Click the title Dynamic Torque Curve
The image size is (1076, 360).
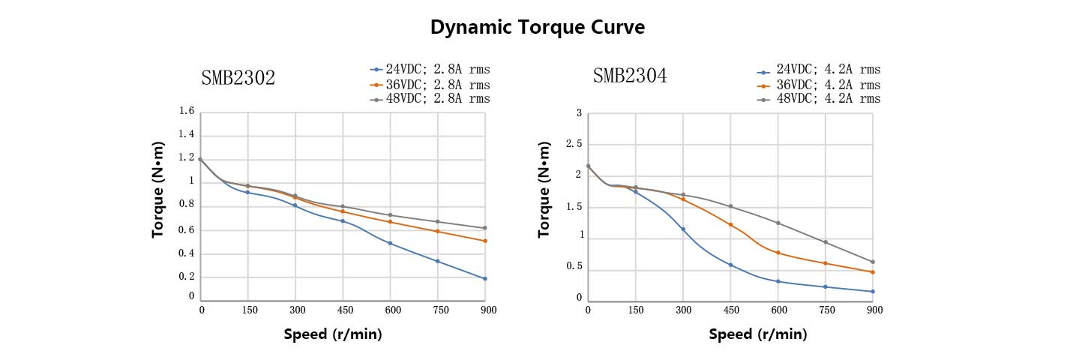538,28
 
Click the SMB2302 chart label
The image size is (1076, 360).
238,77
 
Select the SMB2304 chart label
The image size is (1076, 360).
629,76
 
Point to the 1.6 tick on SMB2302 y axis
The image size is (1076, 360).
187,112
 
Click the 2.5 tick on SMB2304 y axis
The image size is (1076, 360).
574,144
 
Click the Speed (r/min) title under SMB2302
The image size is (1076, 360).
333,334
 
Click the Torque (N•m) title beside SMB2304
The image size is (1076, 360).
544,190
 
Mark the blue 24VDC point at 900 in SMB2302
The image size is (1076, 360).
485,279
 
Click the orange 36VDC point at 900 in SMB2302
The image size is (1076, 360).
485,241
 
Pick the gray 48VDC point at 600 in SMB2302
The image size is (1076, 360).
390,215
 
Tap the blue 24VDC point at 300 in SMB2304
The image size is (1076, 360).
683,229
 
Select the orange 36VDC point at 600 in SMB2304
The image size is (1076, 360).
778,253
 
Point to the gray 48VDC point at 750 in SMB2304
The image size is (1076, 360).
826,242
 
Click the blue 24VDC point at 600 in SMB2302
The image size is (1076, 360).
390,243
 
